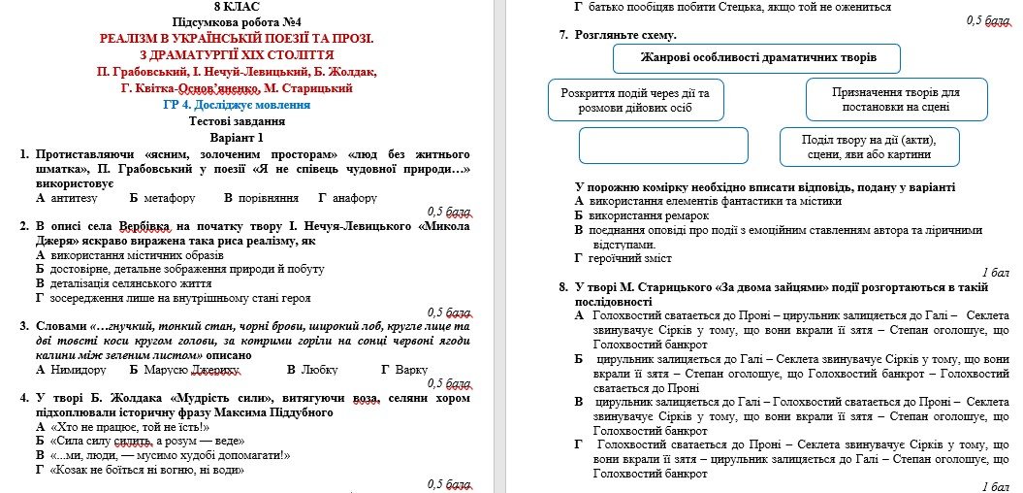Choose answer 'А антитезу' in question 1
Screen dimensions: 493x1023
66,198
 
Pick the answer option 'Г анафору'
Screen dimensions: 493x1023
347,198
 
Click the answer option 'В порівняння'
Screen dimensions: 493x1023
261,198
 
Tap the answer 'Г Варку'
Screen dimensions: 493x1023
404,370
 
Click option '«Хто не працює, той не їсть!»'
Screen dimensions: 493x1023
122,426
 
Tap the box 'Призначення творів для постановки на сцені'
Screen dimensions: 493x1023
881,99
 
